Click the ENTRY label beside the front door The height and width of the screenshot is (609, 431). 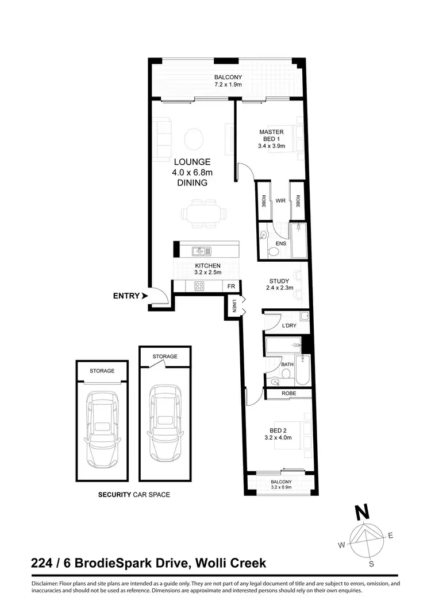pyautogui.click(x=126, y=296)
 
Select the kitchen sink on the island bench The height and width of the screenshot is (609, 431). pyautogui.click(x=202, y=251)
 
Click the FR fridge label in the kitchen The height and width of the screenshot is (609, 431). pyautogui.click(x=231, y=286)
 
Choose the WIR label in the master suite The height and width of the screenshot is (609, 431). pyautogui.click(x=280, y=201)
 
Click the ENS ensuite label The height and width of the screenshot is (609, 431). pyautogui.click(x=281, y=244)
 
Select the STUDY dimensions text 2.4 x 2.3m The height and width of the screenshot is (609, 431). pyautogui.click(x=279, y=288)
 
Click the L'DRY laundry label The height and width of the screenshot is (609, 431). pyautogui.click(x=288, y=325)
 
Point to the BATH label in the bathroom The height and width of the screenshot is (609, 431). pyautogui.click(x=287, y=364)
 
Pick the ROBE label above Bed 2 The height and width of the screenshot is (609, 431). pyautogui.click(x=288, y=394)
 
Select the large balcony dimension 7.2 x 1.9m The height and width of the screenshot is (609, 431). pyautogui.click(x=228, y=85)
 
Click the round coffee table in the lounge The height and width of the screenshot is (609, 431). pyautogui.click(x=194, y=138)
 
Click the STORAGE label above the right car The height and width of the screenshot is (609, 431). pyautogui.click(x=165, y=356)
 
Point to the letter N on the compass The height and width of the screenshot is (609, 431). pyautogui.click(x=361, y=510)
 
